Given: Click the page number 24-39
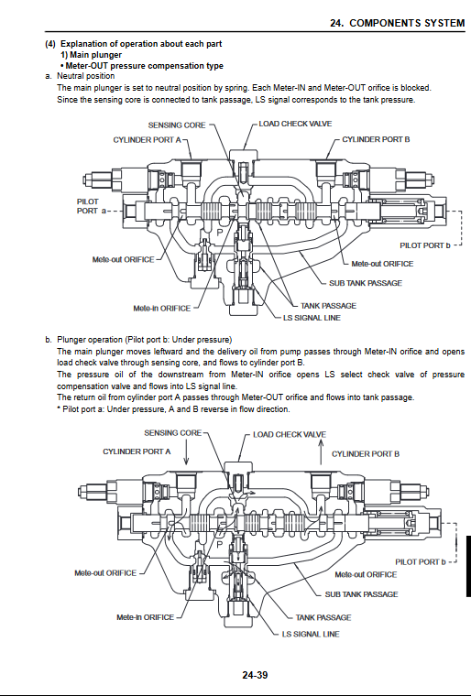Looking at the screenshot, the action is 255,675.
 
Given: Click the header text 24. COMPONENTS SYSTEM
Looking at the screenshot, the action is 398,23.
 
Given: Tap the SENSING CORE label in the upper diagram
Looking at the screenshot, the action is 177,125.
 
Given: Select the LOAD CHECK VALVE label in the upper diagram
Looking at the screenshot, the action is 295,124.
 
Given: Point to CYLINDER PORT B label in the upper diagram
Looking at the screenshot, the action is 376,139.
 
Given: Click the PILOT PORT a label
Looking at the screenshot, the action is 92,206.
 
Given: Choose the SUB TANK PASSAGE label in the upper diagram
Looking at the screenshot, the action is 366,283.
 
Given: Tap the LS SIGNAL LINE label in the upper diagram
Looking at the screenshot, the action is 312,318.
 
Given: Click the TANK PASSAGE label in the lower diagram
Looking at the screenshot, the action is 323,617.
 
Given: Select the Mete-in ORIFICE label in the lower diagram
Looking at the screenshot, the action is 146,617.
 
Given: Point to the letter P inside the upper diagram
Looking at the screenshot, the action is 220,232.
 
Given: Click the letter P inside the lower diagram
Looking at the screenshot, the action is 220,545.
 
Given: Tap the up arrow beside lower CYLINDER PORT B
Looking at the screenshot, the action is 322,451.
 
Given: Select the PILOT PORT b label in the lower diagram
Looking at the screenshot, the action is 421,562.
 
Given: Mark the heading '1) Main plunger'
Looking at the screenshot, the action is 91,55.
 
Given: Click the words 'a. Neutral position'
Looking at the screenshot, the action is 80,76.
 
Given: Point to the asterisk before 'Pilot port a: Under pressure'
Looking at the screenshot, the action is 59,408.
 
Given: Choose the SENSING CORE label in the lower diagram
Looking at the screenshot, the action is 173,433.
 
